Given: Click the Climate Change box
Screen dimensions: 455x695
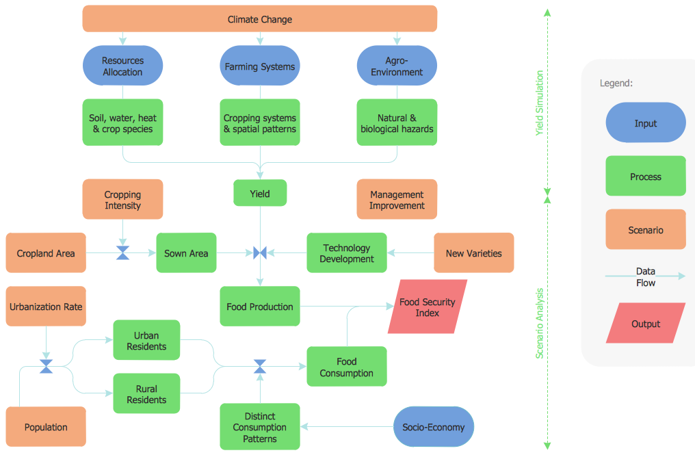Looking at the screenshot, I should pos(259,19).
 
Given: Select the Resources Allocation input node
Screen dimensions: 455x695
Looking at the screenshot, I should pos(122,66).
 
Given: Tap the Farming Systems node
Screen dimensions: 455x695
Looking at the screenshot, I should pos(260,66).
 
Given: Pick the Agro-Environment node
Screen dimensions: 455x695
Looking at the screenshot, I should pos(397,66).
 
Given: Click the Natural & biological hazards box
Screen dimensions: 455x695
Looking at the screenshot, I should pos(397,123).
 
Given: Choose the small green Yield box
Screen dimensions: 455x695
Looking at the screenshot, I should pos(260,194).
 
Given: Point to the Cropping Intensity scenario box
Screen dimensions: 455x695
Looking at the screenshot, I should pos(122,200).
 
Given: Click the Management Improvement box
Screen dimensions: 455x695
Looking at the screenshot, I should pos(397,200).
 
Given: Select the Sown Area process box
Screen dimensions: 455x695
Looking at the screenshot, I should pos(186,253).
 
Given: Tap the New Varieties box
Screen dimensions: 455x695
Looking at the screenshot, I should pos(473,253).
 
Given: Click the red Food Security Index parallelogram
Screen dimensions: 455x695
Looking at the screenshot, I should pos(428,307).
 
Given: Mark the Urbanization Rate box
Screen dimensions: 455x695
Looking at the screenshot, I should pos(46,307).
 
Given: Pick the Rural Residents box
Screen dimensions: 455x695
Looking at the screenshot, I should pos(146,394).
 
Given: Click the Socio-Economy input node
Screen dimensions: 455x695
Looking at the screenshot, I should pos(434,427).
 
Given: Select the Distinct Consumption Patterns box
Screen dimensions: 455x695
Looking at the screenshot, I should pos(260,427).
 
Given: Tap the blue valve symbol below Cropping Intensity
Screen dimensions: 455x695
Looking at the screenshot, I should pos(123,253).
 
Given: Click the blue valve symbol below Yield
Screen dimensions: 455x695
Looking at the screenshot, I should pos(260,253).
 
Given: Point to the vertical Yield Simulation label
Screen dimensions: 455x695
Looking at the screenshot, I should pos(540,103).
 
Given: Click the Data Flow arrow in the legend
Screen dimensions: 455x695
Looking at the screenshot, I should pos(645,276).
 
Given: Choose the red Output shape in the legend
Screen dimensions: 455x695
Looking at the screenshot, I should pos(645,324).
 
